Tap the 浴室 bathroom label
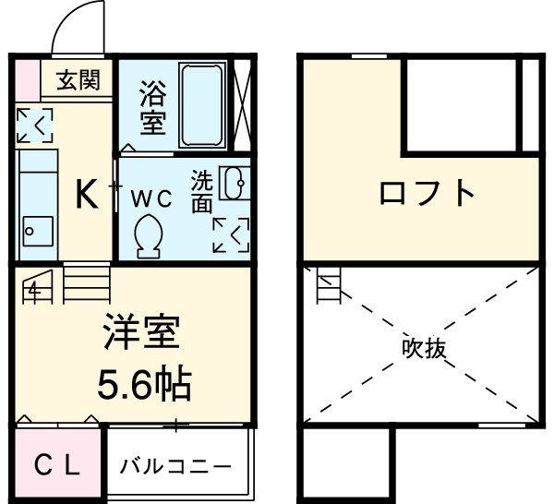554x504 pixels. click(151, 105)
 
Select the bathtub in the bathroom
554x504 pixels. click(203, 104)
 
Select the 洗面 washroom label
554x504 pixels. click(202, 191)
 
